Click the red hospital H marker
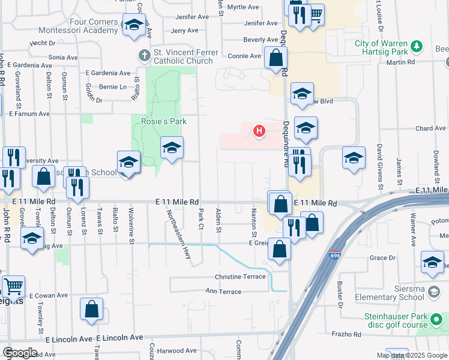coord(259,130)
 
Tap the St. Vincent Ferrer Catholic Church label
coord(182,56)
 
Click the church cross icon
coord(144,56)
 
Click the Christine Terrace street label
coord(240,277)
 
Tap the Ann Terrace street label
coord(223,292)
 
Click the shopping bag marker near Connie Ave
coord(276,59)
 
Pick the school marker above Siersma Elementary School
coord(432,262)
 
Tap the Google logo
coord(20,353)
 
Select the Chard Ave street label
coord(430,128)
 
